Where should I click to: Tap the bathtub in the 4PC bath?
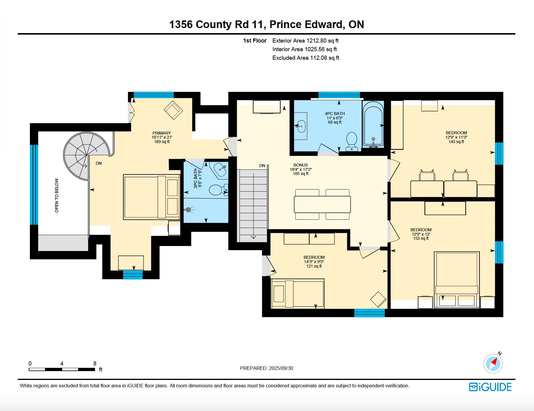(x=373, y=124)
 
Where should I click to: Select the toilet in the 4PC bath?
(x=352, y=141)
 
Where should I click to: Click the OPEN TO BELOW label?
(x=57, y=195)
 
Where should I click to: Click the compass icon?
(x=493, y=363)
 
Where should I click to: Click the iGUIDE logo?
(x=490, y=387)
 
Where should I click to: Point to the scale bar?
(x=62, y=369)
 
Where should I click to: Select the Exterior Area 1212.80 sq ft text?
(x=305, y=41)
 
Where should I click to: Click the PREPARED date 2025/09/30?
(x=266, y=368)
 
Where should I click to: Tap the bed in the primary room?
(x=152, y=197)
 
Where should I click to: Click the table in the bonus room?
(x=322, y=204)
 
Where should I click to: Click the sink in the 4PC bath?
(x=301, y=126)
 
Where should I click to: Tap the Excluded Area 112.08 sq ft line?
(x=306, y=58)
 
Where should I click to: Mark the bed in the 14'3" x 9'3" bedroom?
(x=298, y=294)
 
